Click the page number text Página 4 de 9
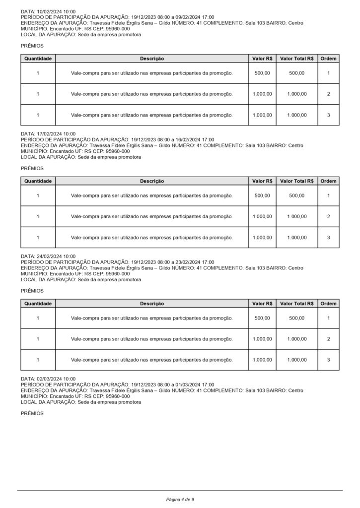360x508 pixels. [x=180, y=499]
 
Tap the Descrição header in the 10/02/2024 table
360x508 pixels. [x=152, y=59]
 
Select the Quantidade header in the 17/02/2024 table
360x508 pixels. [x=38, y=181]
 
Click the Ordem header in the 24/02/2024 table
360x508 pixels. [x=328, y=304]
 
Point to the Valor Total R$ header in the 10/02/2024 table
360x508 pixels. [x=297, y=59]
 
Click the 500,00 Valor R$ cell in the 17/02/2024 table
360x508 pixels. [x=262, y=195]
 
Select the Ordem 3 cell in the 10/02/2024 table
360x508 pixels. [x=328, y=115]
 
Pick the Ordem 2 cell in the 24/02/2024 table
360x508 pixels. [x=328, y=339]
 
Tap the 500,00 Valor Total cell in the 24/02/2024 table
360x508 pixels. [x=297, y=318]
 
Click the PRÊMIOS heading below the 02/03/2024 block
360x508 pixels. [x=32, y=413]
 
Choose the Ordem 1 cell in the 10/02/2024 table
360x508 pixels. [x=328, y=73]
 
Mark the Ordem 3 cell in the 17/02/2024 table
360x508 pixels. [x=328, y=238]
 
